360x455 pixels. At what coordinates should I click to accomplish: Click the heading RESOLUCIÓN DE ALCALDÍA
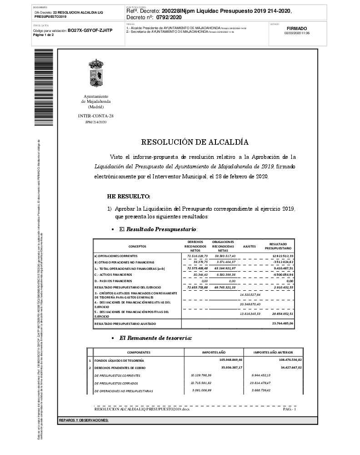pos(195,142)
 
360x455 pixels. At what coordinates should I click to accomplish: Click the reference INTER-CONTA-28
pos(96,116)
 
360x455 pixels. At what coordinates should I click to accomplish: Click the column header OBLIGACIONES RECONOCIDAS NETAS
pos(223,246)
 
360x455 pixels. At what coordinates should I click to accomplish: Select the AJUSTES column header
pos(250,246)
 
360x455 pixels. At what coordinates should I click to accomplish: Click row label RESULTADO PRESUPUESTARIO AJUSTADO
pos(125,324)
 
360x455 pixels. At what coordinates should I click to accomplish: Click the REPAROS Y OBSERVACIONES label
pos(84,420)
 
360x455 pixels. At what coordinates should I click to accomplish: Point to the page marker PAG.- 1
pos(289,409)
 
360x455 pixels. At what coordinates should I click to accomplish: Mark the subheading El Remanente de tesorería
pos(155,338)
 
